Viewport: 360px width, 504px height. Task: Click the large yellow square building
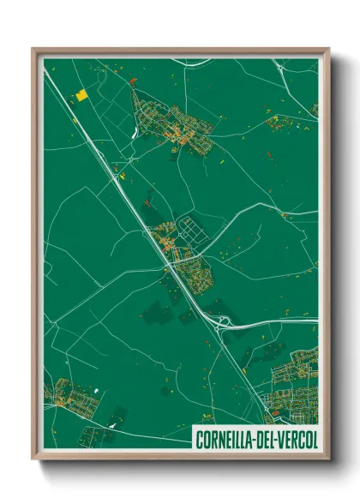[81, 95]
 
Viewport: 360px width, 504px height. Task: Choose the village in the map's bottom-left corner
[75, 399]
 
